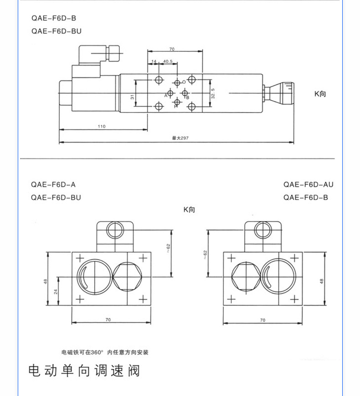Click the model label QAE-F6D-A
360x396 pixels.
pos(53,185)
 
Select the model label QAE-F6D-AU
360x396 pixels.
pos(308,185)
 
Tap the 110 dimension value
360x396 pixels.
pos(101,127)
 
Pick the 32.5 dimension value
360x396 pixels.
pos(213,93)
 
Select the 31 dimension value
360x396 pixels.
pos(132,97)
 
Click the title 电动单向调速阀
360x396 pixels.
pos(84,370)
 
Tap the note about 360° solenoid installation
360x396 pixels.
pos(105,352)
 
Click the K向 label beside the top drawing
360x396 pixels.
pos(320,94)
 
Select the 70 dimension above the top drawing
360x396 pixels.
pos(171,49)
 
